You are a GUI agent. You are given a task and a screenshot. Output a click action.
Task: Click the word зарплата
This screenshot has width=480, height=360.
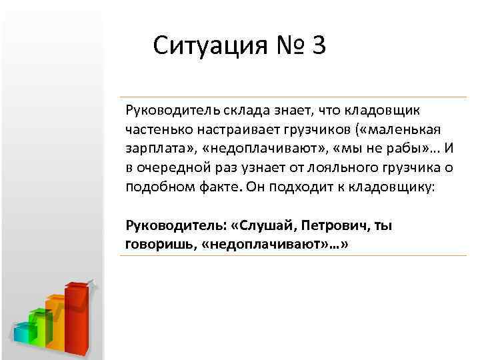(x=151, y=147)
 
